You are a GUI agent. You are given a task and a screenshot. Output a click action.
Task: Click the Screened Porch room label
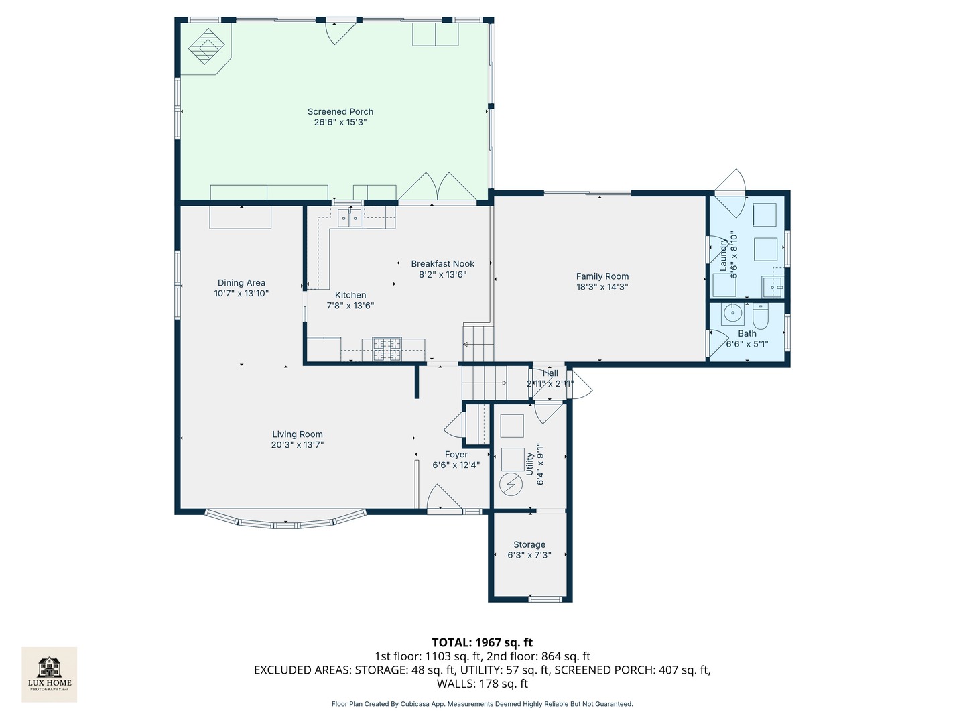coord(340,112)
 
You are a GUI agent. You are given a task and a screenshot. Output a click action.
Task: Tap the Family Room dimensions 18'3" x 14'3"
coord(602,287)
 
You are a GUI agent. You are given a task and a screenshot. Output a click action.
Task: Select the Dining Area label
coord(241,283)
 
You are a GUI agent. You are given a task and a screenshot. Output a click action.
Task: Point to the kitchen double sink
coord(349,217)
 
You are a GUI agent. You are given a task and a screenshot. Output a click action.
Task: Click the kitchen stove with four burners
coord(387,349)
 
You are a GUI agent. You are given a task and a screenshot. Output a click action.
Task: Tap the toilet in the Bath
coord(761,314)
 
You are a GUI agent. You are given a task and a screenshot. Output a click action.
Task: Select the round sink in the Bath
coord(733,312)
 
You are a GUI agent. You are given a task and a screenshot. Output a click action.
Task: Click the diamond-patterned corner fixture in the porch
coord(206,47)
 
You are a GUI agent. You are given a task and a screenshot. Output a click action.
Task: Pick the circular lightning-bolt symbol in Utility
coord(512,484)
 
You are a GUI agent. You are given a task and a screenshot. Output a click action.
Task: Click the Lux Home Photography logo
coord(50,674)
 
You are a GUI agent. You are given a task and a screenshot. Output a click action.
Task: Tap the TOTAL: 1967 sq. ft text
coord(482,642)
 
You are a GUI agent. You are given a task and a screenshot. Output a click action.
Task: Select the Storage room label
coord(529,545)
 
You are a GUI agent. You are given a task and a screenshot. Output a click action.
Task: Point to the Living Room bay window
coord(285,520)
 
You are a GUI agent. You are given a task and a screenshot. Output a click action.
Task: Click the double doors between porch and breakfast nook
coord(437,188)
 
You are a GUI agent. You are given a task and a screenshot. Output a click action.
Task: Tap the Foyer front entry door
coord(444,499)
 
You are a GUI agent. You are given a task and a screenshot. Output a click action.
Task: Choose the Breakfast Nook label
coord(442,264)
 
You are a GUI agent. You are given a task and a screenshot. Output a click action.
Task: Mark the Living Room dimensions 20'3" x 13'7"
coord(298,445)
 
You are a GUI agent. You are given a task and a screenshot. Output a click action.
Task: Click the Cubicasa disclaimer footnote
coord(482,704)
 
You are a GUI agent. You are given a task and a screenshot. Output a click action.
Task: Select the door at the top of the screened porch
coord(340,31)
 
